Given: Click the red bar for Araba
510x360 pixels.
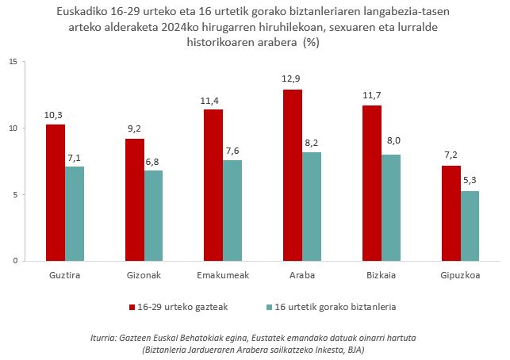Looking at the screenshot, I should (x=293, y=175).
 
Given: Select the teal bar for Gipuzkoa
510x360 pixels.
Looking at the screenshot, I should (x=470, y=226).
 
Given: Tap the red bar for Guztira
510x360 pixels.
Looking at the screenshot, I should (x=56, y=193).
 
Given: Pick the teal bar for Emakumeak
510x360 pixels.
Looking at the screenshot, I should (x=233, y=210).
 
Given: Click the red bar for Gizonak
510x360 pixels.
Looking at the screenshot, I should (x=135, y=200).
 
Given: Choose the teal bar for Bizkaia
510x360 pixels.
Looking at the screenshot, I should (x=391, y=208).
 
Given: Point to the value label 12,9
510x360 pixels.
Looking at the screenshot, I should (x=293, y=81).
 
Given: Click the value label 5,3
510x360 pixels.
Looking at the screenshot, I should (x=470, y=182).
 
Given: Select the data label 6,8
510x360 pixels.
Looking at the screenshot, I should (x=154, y=162).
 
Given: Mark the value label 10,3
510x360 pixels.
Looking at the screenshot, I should (x=54, y=115).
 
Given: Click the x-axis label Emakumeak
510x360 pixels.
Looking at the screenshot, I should (x=223, y=274).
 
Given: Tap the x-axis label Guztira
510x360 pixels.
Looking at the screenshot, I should (x=65, y=274).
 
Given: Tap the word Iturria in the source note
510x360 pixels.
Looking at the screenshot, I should (x=108, y=339).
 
